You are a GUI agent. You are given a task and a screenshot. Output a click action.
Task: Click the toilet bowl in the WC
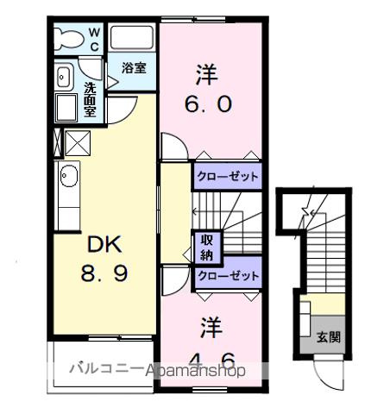pyautogui.click(x=66, y=36)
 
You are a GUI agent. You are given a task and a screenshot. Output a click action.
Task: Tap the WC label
pyautogui.click(x=95, y=39)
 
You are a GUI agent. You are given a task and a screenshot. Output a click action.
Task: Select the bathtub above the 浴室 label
pyautogui.click(x=132, y=38)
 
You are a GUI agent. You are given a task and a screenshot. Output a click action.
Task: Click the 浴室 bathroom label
pyautogui.click(x=132, y=67)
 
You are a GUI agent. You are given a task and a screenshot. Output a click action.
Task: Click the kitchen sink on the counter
pyautogui.click(x=67, y=179)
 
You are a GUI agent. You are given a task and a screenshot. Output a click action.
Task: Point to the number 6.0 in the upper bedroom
pyautogui.click(x=206, y=103)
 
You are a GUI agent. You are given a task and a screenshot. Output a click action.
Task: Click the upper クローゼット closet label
pyautogui.click(x=227, y=176)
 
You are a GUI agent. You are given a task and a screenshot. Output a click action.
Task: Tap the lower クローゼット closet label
pyautogui.click(x=227, y=275)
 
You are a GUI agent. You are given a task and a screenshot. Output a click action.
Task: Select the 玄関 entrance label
pyautogui.click(x=328, y=337)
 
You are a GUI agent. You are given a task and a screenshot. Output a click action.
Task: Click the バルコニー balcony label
pyautogui.click(x=105, y=370)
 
